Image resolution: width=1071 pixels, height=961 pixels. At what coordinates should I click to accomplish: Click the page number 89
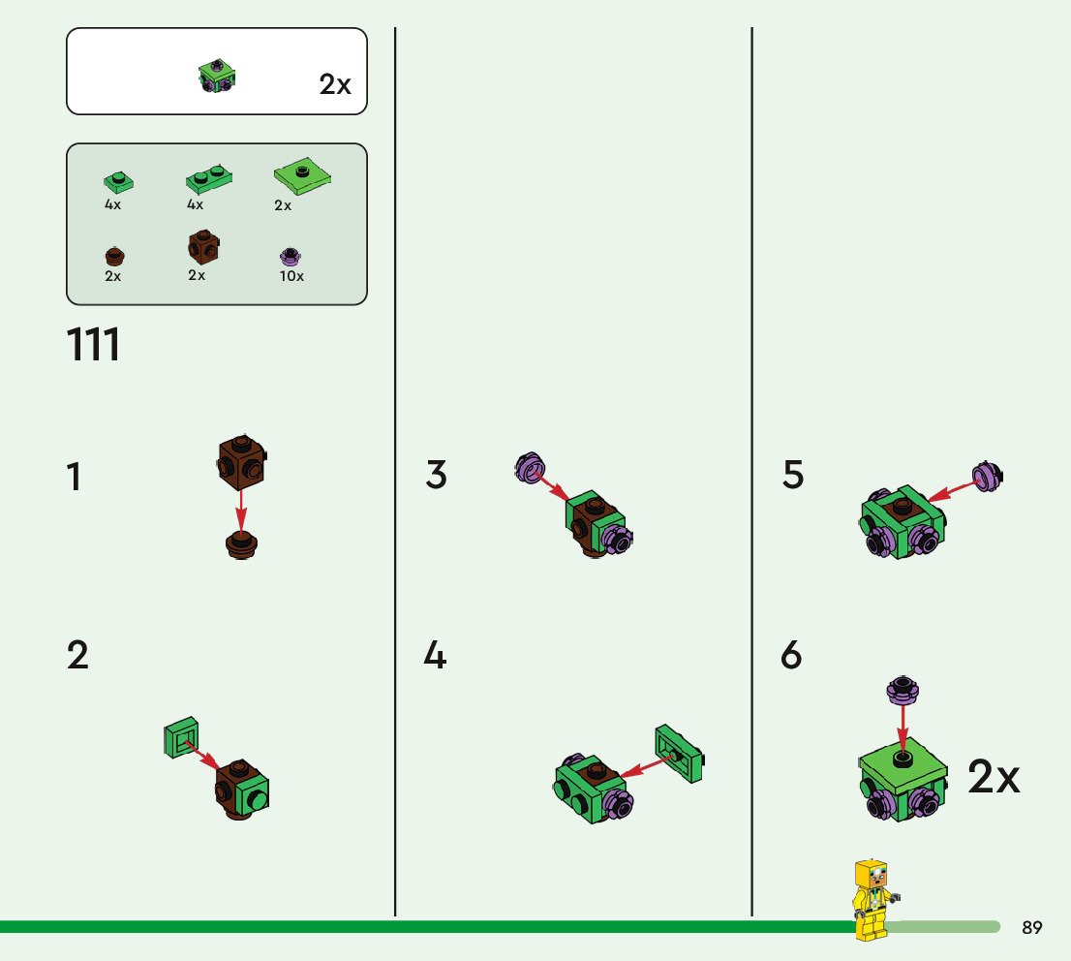pyautogui.click(x=1032, y=928)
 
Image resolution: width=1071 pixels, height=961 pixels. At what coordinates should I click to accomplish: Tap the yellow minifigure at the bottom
pyautogui.click(x=872, y=899)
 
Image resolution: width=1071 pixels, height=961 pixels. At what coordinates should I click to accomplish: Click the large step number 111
pyautogui.click(x=94, y=345)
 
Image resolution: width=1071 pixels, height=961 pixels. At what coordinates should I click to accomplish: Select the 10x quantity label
pyautogui.click(x=291, y=276)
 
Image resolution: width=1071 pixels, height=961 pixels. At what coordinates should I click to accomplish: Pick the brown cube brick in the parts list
pyautogui.click(x=202, y=247)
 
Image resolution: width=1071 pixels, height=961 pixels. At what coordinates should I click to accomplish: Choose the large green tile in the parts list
pyautogui.click(x=302, y=175)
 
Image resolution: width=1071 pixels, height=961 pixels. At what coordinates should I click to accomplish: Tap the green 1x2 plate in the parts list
pyautogui.click(x=209, y=178)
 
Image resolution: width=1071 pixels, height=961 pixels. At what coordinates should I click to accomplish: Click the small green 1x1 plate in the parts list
pyautogui.click(x=118, y=181)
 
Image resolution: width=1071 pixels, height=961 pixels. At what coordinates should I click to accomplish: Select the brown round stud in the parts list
pyautogui.click(x=114, y=257)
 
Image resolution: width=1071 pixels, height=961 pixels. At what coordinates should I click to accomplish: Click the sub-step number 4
pyautogui.click(x=435, y=657)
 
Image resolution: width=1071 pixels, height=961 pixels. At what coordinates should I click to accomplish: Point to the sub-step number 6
pyautogui.click(x=791, y=657)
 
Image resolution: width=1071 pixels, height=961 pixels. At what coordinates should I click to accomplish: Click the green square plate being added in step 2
pyautogui.click(x=180, y=737)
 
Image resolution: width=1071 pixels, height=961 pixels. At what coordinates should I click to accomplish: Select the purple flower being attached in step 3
pyautogui.click(x=529, y=469)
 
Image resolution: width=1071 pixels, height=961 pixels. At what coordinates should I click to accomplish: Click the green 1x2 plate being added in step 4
pyautogui.click(x=679, y=753)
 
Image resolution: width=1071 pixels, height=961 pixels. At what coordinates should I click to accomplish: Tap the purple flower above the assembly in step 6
pyautogui.click(x=903, y=690)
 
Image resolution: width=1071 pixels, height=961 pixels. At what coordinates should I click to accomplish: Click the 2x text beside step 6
pyautogui.click(x=994, y=778)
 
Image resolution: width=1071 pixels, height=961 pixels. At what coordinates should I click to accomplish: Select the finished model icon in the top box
pyautogui.click(x=218, y=77)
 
